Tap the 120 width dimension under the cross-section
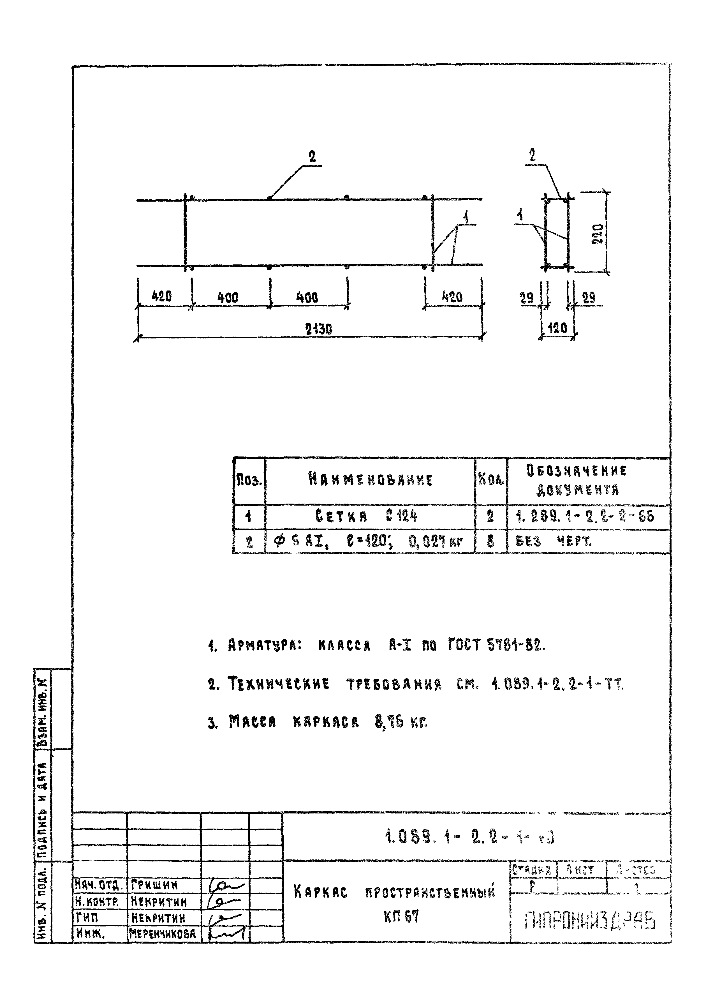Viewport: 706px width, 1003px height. tap(557, 328)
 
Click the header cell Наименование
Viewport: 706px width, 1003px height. tap(370, 480)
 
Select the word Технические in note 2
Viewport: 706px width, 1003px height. tap(279, 684)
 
